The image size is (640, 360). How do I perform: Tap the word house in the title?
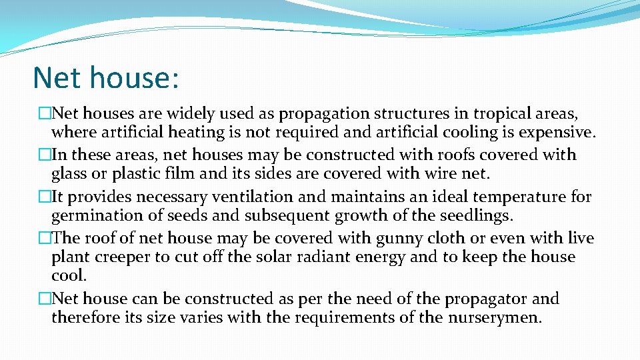134,77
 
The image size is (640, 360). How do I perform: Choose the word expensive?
547,132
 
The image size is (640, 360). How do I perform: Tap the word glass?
71,175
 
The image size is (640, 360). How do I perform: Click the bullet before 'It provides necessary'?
45,197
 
